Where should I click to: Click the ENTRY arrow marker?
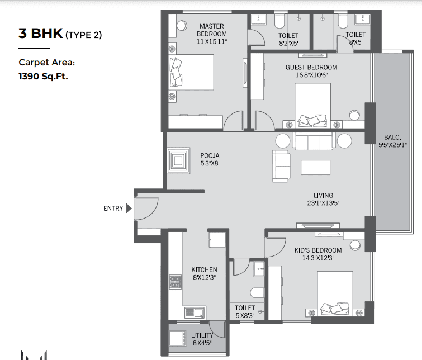[129, 208]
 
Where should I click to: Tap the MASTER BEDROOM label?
[211, 30]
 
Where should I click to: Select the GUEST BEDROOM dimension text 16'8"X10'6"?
[311, 75]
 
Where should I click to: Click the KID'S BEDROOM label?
[318, 250]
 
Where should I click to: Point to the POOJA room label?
[210, 155]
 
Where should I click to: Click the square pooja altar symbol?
[178, 161]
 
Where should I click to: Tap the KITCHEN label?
[204, 269]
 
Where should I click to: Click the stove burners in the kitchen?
[175, 282]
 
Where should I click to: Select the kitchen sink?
[195, 312]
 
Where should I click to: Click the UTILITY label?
[202, 335]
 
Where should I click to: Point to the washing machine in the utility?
[177, 338]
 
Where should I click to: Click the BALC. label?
[392, 138]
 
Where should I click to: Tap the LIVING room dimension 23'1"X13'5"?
[323, 203]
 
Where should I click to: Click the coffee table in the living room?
[315, 167]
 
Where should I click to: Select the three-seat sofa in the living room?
[314, 141]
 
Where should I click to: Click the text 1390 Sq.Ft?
[43, 77]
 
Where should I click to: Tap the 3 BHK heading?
[41, 34]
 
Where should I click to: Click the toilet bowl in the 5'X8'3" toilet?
[257, 293]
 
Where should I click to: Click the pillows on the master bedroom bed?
[176, 72]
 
